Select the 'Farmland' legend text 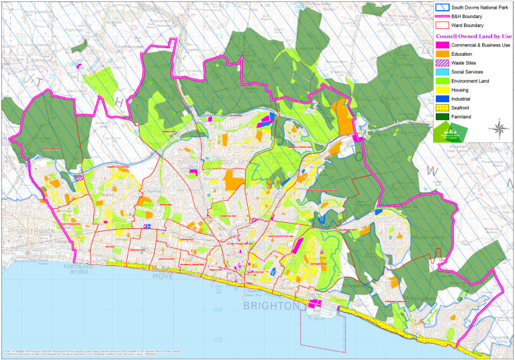(x=465, y=117)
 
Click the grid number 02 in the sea (x=217, y=340)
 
